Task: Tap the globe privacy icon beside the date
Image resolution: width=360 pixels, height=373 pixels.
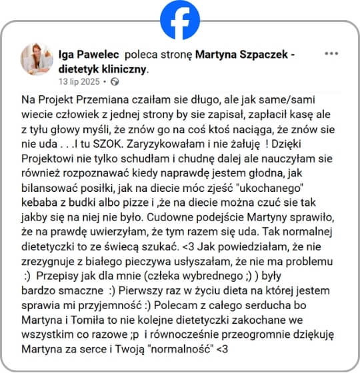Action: tap(114, 81)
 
